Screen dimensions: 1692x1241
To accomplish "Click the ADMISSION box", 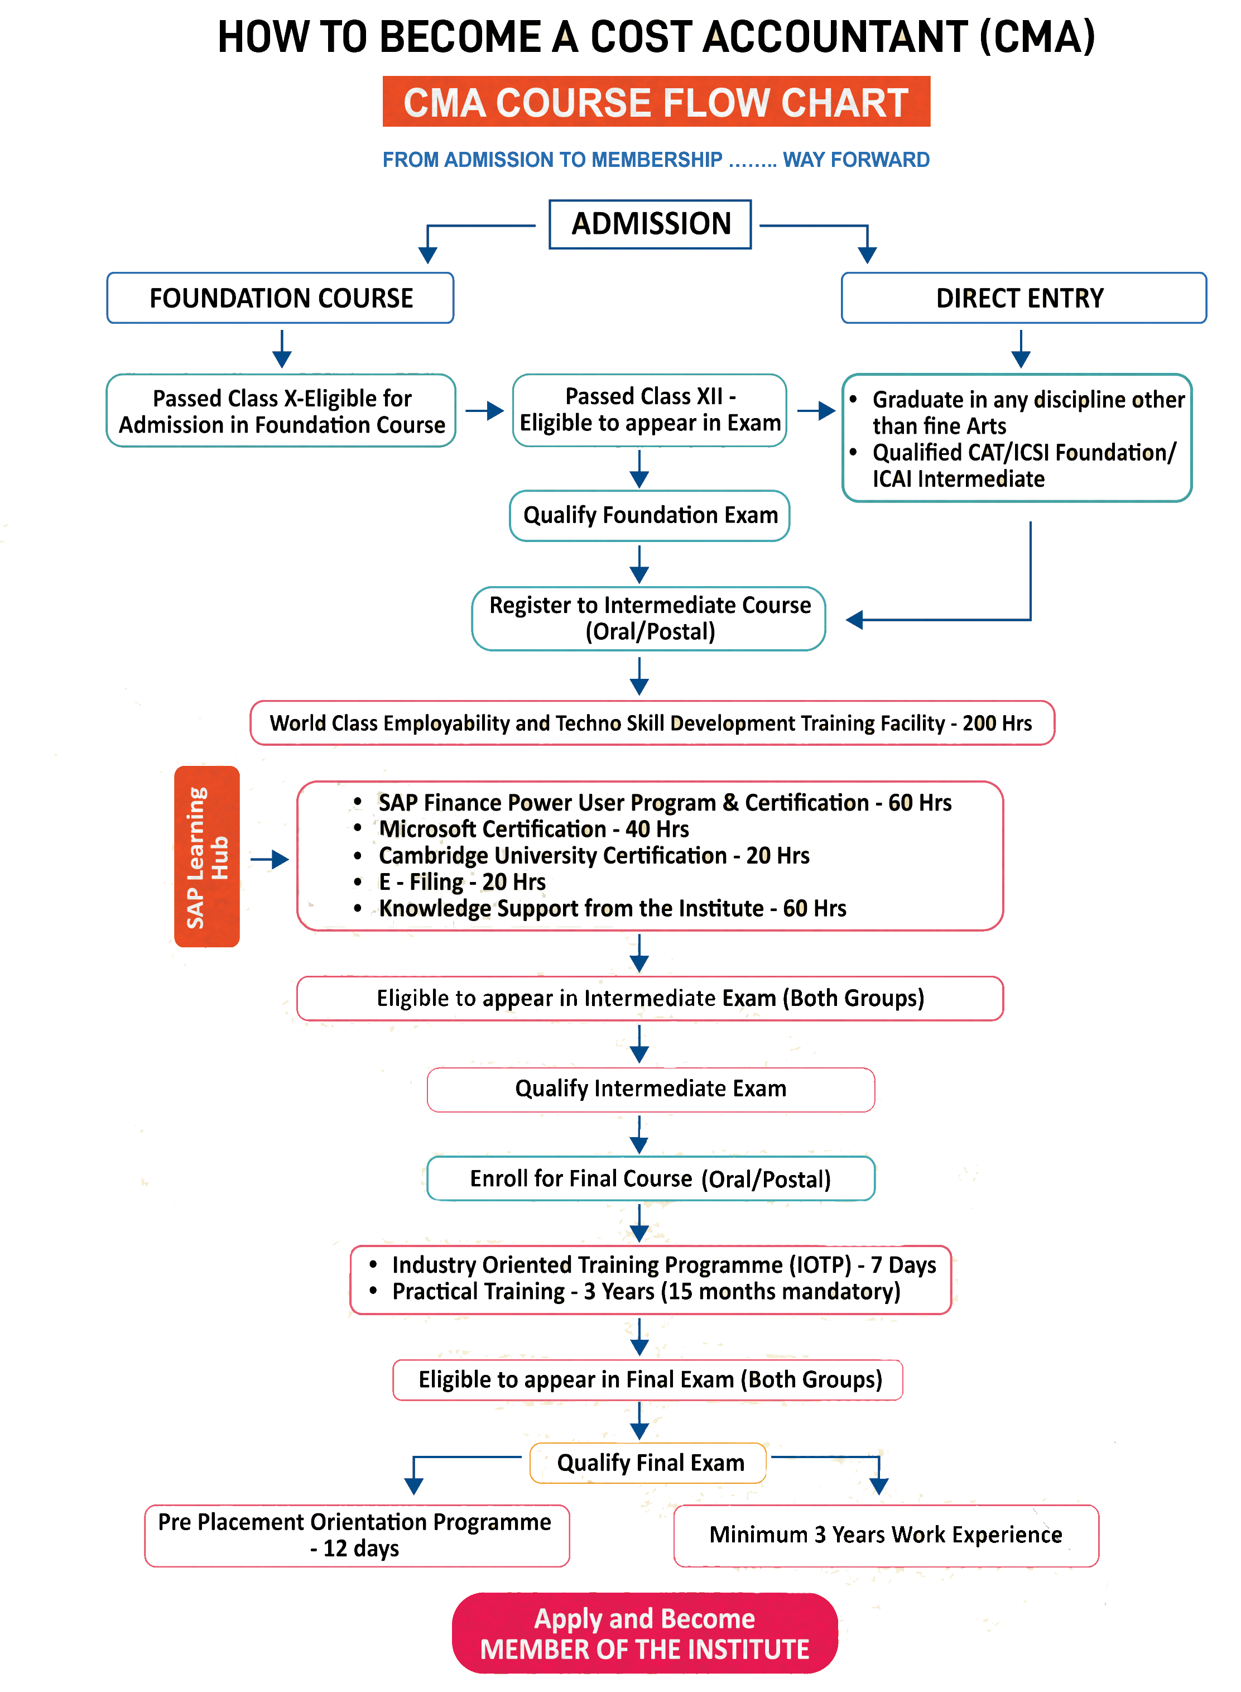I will click(x=650, y=224).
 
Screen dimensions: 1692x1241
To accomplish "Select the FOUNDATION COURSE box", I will click(x=280, y=298).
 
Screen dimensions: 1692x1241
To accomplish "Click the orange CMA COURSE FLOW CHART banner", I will click(x=656, y=102).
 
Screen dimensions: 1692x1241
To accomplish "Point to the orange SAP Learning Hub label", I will click(x=206, y=856).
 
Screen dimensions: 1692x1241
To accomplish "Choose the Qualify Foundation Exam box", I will click(x=650, y=515).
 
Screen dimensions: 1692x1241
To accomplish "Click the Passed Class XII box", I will click(x=650, y=410).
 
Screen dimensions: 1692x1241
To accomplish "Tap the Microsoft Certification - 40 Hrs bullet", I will click(x=533, y=829).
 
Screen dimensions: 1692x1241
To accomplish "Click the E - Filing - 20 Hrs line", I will click(x=462, y=881).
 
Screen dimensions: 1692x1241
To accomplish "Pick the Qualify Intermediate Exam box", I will click(x=651, y=1089).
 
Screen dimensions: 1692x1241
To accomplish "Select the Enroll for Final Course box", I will click(x=651, y=1179).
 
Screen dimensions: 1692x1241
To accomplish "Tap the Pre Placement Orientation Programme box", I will click(x=356, y=1535).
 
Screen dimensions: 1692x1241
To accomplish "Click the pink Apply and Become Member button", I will click(x=644, y=1633).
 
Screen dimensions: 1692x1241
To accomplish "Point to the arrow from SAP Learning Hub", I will click(x=269, y=859).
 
